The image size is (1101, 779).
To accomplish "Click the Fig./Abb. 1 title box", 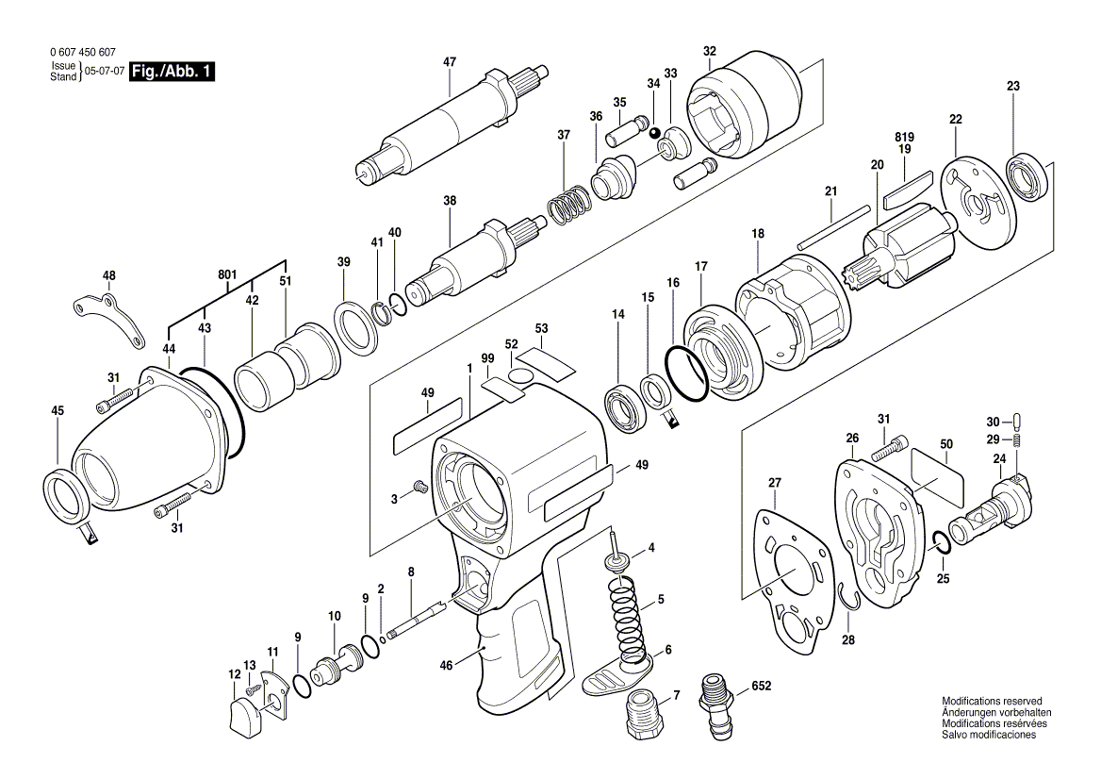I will coord(172,72).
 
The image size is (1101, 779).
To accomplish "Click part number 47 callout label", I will coord(450,62).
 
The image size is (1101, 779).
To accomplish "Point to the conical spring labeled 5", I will coord(630,619).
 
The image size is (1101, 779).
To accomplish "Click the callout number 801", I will coord(226,274).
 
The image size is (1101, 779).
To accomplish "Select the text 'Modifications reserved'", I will coord(992,702).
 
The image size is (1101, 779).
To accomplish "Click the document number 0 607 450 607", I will coord(81,53).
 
